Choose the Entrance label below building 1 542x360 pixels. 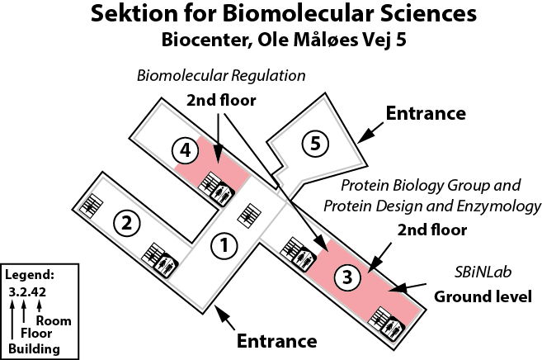point(277,340)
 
